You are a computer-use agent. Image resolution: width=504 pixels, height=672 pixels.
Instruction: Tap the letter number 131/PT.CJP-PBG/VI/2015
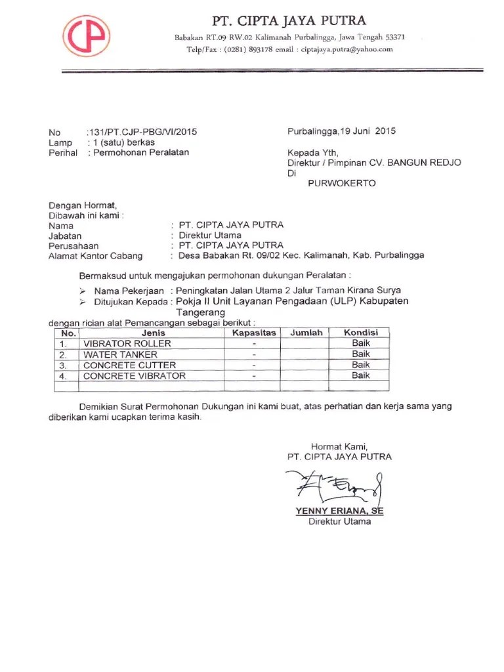[x=142, y=131]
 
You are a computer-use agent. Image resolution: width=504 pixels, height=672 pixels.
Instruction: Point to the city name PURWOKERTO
[x=342, y=184]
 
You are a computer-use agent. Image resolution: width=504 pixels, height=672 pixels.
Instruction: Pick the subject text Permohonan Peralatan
[x=140, y=152]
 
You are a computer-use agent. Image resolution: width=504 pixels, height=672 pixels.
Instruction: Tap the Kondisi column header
[x=360, y=333]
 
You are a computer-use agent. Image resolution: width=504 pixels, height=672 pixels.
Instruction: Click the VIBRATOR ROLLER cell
[x=127, y=344]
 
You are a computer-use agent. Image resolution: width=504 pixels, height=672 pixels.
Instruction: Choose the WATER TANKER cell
[x=120, y=354]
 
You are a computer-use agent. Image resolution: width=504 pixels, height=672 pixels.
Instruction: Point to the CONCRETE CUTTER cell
[x=129, y=366]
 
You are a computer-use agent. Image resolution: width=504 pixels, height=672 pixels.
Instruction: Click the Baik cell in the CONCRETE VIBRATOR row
[x=360, y=376]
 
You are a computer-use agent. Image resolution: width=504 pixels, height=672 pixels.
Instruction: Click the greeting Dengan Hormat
[x=83, y=205]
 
